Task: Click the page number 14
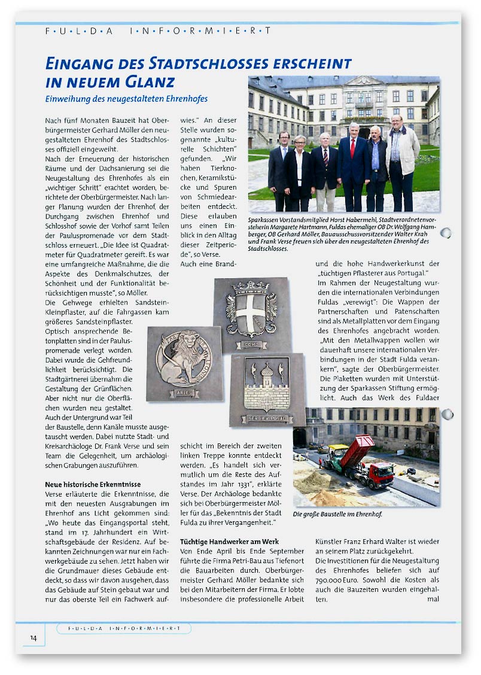coord(34,638)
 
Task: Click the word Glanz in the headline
coord(147,81)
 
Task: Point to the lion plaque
coord(184,363)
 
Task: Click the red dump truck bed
coord(357,453)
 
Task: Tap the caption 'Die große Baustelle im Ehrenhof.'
coord(337,514)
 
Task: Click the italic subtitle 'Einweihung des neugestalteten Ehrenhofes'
coord(126,99)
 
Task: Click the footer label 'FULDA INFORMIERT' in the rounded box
coord(124,628)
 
